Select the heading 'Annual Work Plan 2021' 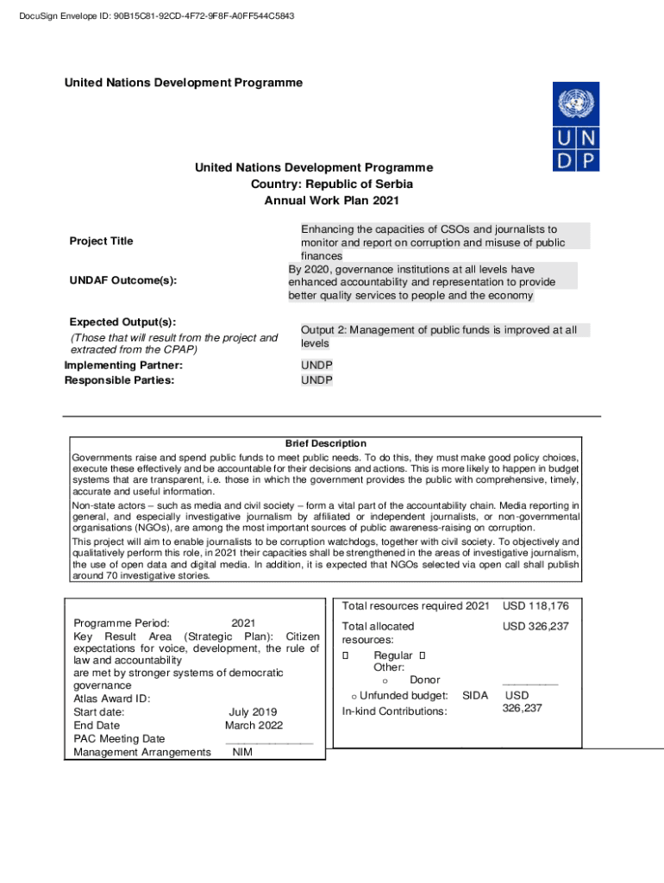(x=331, y=200)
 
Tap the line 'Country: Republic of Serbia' (x=331, y=184)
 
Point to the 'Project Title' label (x=101, y=241)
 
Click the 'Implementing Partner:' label (x=123, y=366)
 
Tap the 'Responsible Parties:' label (x=119, y=380)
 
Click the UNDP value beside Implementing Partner (x=316, y=366)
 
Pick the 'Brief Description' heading (x=325, y=443)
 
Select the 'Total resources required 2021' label (x=416, y=606)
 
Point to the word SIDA (x=475, y=695)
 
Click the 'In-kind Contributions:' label (x=394, y=711)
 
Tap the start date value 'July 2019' (x=253, y=712)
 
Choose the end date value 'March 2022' (x=254, y=726)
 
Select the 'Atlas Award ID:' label (x=111, y=698)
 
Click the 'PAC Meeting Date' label (x=119, y=739)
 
